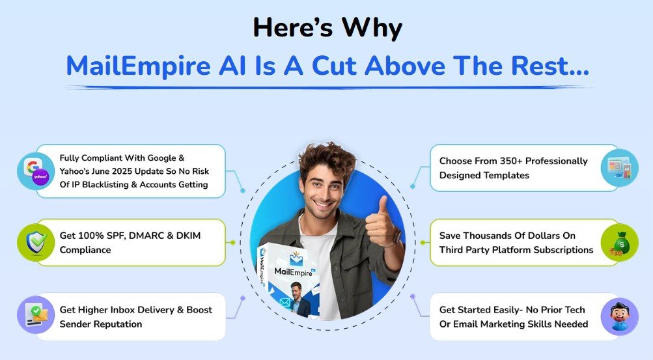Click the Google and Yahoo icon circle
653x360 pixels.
36,171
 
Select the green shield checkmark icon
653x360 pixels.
36,242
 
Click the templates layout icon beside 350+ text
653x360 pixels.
619,168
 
